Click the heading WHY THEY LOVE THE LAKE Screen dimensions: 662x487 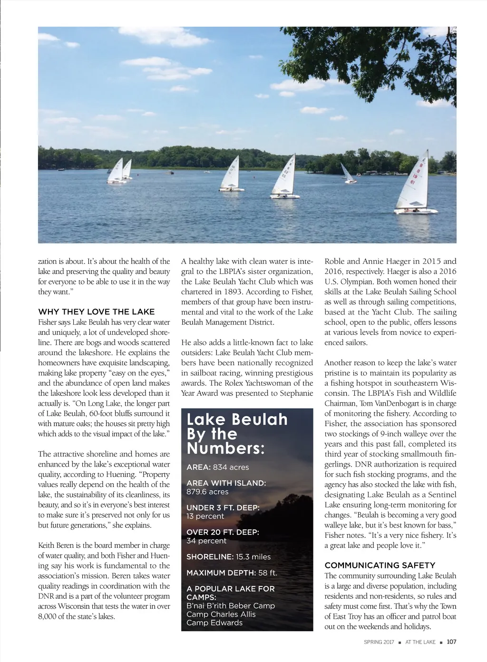pyautogui.click(x=97, y=312)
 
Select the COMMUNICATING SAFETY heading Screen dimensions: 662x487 pyautogui.click(x=380, y=565)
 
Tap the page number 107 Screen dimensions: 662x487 pyautogui.click(x=451, y=642)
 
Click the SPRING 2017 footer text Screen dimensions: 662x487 pyautogui.click(x=379, y=642)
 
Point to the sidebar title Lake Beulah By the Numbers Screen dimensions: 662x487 pyautogui.click(x=237, y=434)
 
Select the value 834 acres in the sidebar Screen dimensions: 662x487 pyautogui.click(x=231, y=467)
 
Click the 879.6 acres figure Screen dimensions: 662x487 pyautogui.click(x=207, y=492)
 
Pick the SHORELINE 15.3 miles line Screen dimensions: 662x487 pyautogui.click(x=228, y=557)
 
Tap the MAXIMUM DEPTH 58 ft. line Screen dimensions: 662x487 pyautogui.click(x=232, y=573)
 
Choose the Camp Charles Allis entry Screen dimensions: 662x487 pyautogui.click(x=221, y=614)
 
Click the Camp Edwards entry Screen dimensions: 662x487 pyautogui.click(x=214, y=623)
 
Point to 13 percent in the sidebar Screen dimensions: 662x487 pyautogui.click(x=205, y=516)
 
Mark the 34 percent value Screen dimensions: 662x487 pyautogui.click(x=206, y=541)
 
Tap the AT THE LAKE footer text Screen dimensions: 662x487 pyautogui.click(x=420, y=642)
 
